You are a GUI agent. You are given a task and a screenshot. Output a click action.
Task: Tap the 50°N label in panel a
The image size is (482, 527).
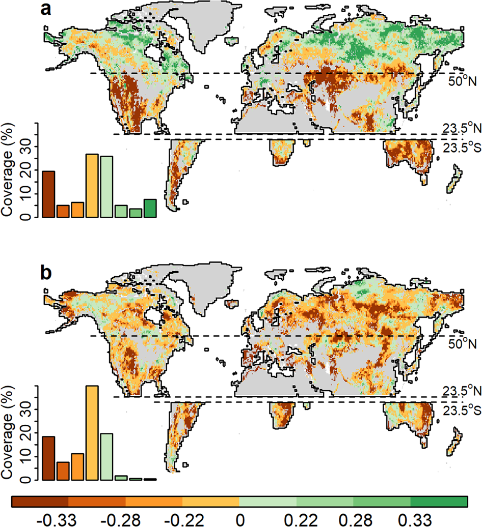point(462,81)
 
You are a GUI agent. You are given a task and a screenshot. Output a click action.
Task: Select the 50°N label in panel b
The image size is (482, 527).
point(462,344)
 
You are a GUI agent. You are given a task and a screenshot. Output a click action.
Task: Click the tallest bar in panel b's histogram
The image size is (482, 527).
point(92,432)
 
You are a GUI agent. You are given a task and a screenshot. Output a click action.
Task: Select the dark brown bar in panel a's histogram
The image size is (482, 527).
point(48,194)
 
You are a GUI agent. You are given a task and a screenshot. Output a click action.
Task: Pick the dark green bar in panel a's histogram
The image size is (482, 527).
point(150,208)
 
